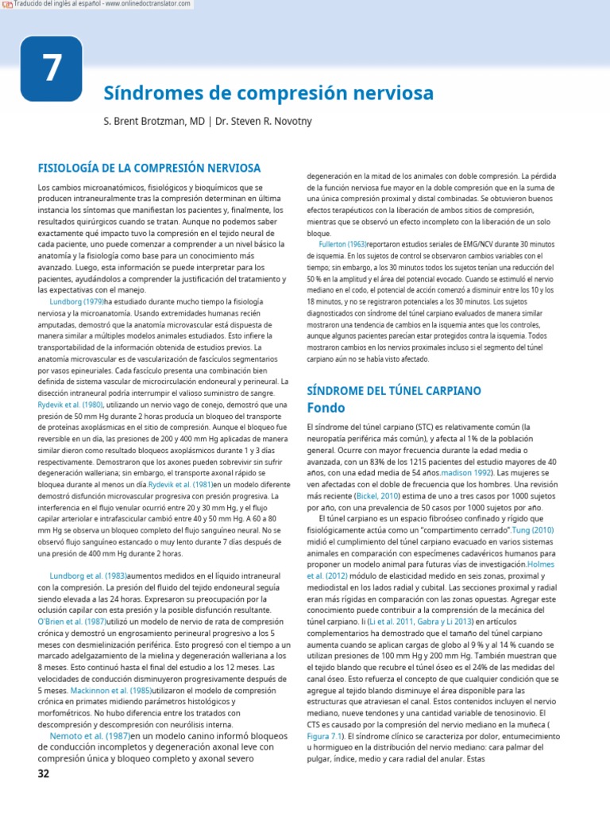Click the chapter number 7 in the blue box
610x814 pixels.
pyautogui.click(x=51, y=69)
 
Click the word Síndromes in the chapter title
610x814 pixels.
pyautogui.click(x=148, y=94)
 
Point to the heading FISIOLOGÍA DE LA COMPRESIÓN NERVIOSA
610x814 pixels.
pyautogui.click(x=149, y=168)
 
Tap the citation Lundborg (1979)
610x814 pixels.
pyautogui.click(x=77, y=303)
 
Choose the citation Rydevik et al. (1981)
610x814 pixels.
pyautogui.click(x=180, y=483)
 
